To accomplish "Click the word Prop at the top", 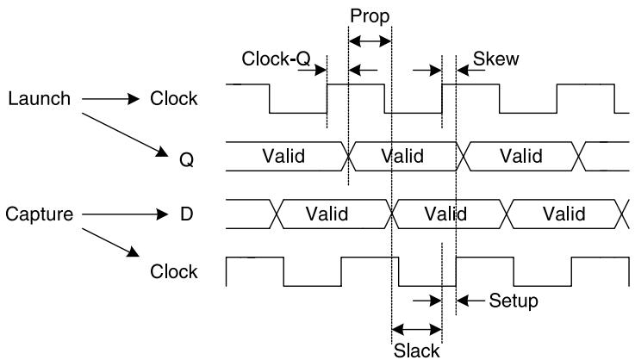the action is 370,17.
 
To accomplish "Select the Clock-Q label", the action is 277,59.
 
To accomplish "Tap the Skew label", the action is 495,59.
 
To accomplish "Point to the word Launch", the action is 40,99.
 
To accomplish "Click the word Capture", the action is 40,214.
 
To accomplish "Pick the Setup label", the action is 514,301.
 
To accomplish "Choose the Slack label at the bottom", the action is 417,351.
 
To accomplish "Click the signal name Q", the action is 186,160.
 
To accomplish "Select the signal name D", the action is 186,214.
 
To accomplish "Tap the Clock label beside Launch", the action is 174,98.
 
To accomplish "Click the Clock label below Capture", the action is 174,271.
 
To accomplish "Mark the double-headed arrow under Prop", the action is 370,40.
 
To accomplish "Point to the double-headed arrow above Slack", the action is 417,329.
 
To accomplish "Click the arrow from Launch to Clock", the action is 110,99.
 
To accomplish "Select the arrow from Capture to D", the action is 125,214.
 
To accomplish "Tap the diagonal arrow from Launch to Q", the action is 125,135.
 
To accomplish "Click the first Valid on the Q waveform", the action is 283,156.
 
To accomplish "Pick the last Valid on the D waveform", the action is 564,214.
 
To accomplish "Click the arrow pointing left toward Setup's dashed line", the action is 470,301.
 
